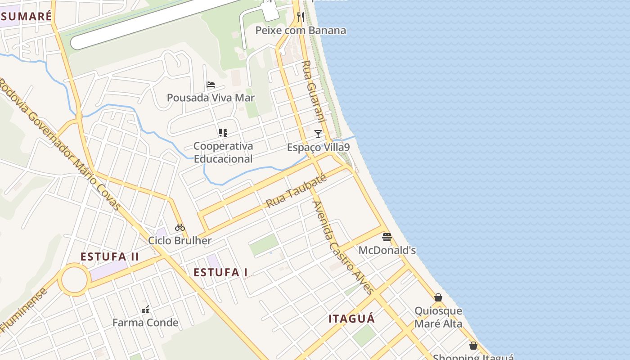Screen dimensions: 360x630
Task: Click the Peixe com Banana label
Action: pyautogui.click(x=301, y=31)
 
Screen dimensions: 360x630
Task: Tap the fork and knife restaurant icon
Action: pyautogui.click(x=301, y=17)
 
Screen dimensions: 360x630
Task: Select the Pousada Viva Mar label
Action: pyautogui.click(x=211, y=98)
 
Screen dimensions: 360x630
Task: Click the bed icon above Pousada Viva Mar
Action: pyautogui.click(x=211, y=84)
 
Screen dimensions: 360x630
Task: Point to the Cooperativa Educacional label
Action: pyautogui.click(x=223, y=153)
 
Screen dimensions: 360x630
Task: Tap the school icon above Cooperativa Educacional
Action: pyautogui.click(x=223, y=133)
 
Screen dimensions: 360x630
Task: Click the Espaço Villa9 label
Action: pyautogui.click(x=318, y=147)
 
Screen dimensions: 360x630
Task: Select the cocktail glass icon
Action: pyautogui.click(x=318, y=134)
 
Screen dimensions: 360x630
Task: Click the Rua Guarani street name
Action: pyautogui.click(x=313, y=91)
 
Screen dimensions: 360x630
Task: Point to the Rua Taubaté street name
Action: pyautogui.click(x=296, y=191)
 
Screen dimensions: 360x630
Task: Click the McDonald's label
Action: pyautogui.click(x=387, y=250)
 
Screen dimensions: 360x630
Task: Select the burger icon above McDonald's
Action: pyautogui.click(x=387, y=237)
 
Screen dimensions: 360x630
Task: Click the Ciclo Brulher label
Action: pyautogui.click(x=180, y=240)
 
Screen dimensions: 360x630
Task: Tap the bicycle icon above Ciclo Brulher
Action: pyautogui.click(x=180, y=227)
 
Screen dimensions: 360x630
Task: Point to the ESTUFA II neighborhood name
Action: pyautogui.click(x=110, y=257)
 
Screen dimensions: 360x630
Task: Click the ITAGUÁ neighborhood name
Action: pyautogui.click(x=351, y=319)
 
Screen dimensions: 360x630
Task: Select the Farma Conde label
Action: pyautogui.click(x=145, y=323)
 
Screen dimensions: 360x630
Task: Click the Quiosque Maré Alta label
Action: pyautogui.click(x=438, y=317)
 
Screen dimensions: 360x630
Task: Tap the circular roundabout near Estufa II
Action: pyautogui.click(x=73, y=279)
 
